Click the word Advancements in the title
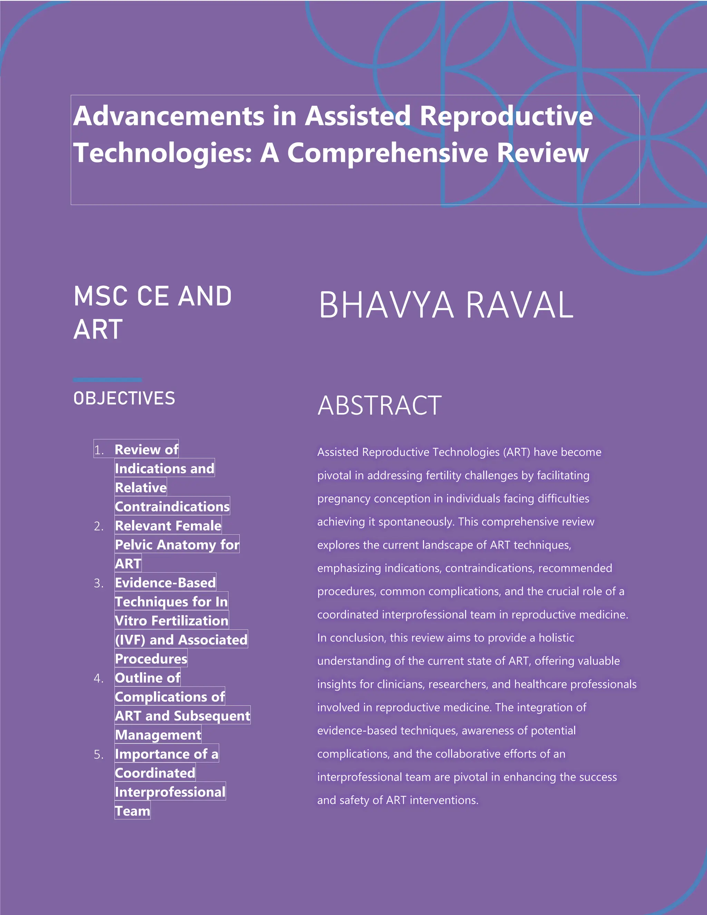point(168,116)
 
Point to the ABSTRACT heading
point(379,406)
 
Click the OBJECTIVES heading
point(124,398)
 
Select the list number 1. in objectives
point(99,450)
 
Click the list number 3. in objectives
point(99,583)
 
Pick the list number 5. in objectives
point(99,754)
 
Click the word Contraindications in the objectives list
point(172,507)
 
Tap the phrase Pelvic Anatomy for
point(177,545)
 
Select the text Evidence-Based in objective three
point(165,583)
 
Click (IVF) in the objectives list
point(130,640)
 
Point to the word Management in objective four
point(158,735)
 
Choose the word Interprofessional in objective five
point(170,792)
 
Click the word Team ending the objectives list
point(132,811)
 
